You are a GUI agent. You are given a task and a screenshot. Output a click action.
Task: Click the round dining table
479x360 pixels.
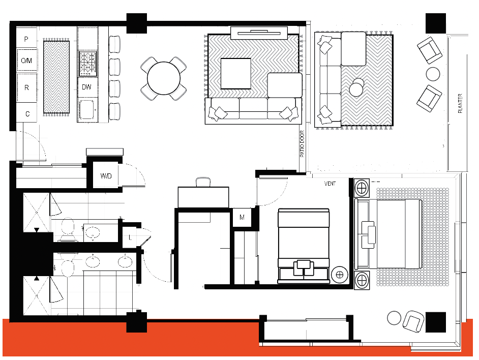click(x=163, y=78)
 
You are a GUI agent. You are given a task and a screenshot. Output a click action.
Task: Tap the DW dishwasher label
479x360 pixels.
click(x=87, y=87)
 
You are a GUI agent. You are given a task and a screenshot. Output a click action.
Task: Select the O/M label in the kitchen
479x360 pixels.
click(x=26, y=61)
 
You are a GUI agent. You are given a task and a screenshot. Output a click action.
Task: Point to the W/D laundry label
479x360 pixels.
click(x=106, y=176)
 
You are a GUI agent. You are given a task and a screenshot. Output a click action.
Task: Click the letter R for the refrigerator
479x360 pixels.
click(x=26, y=87)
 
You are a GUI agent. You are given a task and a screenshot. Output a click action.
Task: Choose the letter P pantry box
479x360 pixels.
click(x=26, y=38)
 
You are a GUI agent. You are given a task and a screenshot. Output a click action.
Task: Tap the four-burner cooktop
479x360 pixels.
click(x=87, y=63)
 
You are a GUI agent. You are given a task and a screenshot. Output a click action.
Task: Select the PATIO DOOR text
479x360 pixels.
click(x=302, y=143)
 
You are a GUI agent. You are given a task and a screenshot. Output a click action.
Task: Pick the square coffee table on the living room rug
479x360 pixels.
click(x=235, y=74)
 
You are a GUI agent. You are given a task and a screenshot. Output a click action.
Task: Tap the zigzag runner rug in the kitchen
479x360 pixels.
click(x=56, y=77)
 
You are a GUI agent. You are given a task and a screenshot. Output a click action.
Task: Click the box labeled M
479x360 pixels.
click(x=242, y=218)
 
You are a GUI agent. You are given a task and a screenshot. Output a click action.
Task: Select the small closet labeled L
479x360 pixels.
click(x=131, y=237)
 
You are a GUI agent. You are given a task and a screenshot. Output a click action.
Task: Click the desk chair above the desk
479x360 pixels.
click(x=203, y=182)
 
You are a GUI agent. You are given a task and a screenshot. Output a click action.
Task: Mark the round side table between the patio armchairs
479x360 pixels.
click(x=433, y=74)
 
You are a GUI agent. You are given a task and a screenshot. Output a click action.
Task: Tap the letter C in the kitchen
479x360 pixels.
click(x=27, y=114)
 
